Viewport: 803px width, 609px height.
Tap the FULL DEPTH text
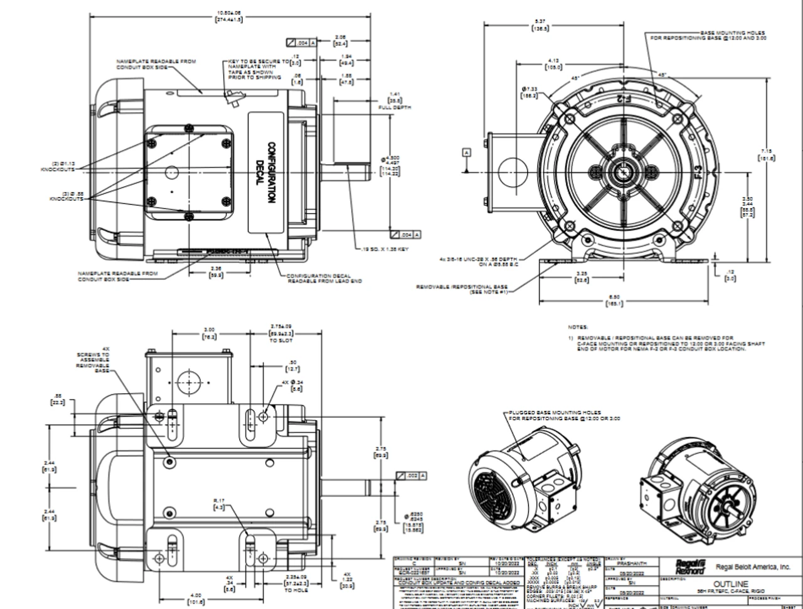click(x=394, y=107)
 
